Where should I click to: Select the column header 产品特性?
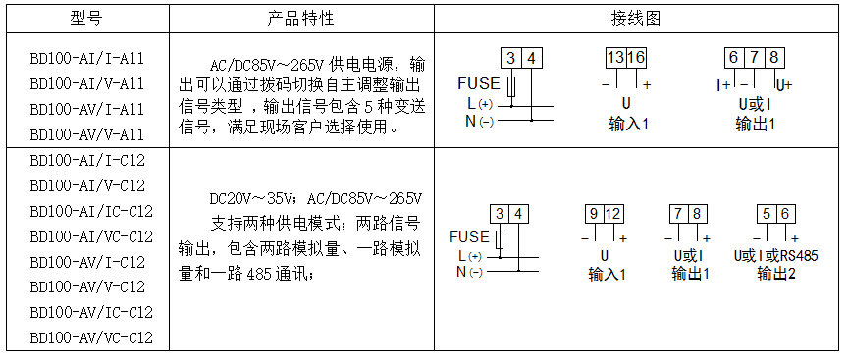click(x=301, y=20)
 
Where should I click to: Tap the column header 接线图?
click(x=637, y=20)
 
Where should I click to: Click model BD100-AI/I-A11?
click(x=87, y=59)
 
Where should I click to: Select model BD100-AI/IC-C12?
click(x=92, y=211)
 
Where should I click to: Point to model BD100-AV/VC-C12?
click(x=92, y=338)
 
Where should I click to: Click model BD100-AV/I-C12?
click(x=87, y=262)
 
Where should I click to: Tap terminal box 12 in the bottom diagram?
click(x=613, y=214)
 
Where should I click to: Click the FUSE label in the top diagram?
click(x=478, y=83)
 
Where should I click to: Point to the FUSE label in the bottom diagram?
click(x=469, y=237)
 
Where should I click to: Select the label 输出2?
click(x=776, y=275)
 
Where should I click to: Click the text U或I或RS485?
click(x=775, y=256)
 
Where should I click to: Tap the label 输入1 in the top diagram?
click(x=628, y=125)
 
